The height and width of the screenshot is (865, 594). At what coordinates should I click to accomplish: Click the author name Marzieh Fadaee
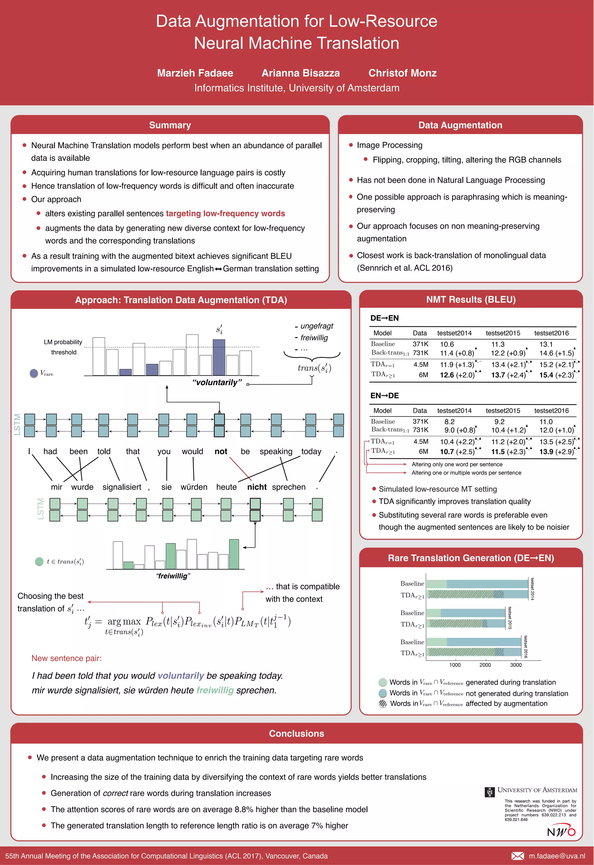195,73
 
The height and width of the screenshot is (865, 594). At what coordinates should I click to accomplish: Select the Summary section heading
170,125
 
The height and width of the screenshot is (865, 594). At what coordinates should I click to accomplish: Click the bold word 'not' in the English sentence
221,451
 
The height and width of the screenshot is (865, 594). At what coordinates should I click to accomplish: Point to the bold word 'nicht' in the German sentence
257,487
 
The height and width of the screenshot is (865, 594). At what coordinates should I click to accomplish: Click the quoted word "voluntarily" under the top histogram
217,382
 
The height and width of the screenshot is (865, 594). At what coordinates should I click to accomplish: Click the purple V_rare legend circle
34,373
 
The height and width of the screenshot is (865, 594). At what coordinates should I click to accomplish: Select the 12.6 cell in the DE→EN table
447,375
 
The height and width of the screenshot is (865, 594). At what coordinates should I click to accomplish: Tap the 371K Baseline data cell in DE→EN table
420,344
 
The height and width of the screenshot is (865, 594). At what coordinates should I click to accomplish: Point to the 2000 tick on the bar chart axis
485,665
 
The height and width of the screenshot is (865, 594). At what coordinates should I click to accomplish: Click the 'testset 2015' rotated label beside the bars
510,618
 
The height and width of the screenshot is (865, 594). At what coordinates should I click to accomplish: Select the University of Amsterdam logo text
537,790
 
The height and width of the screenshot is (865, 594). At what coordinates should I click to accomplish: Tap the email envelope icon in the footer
517,856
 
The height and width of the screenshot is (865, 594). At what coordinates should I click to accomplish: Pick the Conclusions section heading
297,734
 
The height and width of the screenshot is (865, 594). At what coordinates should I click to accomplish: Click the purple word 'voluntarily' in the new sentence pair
181,676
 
